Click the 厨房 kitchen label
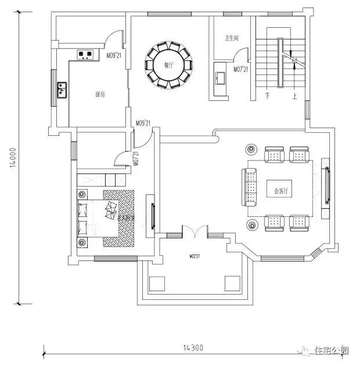pyautogui.click(x=100, y=94)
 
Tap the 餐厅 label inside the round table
pyautogui.click(x=168, y=66)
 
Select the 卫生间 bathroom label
pyautogui.click(x=232, y=39)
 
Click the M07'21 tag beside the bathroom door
pyautogui.click(x=240, y=69)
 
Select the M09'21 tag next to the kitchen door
pyautogui.click(x=113, y=56)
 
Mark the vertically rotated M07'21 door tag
pyautogui.click(x=135, y=157)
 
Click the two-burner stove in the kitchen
pyautogui.click(x=86, y=56)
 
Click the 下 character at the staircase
pyautogui.click(x=267, y=95)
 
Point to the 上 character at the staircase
pyautogui.click(x=295, y=95)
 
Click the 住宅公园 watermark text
pyautogui.click(x=332, y=351)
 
